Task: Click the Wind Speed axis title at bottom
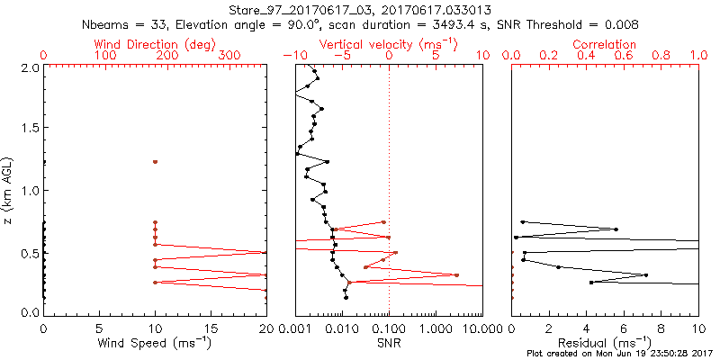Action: pos(156,342)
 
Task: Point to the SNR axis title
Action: pos(389,342)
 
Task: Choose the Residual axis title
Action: pos(606,342)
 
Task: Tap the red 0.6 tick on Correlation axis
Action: pos(624,56)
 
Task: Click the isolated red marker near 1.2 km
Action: pos(155,162)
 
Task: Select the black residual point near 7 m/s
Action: pos(645,274)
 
